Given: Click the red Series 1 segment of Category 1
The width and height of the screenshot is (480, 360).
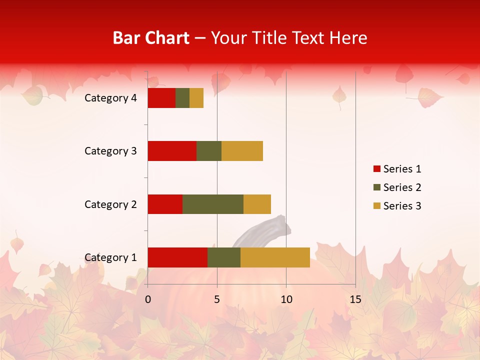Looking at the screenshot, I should pos(177,257).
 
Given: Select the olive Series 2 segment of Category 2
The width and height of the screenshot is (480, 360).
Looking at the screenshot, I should pos(213,204).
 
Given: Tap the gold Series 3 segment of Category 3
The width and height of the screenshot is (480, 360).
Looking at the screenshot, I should pos(242,151).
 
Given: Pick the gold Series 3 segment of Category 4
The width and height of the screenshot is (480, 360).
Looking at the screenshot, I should pos(196,98).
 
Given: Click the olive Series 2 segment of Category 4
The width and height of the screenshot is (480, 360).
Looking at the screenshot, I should pos(182,98).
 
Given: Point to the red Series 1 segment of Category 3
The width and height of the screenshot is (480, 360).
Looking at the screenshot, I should pos(172,151).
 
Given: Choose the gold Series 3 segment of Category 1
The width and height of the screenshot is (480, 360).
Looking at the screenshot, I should pos(275,257).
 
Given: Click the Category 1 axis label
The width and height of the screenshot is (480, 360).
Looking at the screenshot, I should pos(110,257).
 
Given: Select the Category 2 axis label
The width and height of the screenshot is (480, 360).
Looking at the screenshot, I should pos(110,204).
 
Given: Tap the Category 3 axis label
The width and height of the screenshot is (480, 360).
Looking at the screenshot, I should pos(110,151).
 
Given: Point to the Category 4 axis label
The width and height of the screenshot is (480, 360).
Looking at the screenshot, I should pos(110,98).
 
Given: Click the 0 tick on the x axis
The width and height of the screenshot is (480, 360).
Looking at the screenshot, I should pos(148,299).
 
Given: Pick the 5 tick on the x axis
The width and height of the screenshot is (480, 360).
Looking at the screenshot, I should pos(217,299).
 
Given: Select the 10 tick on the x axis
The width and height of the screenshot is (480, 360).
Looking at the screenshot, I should pos(286,299).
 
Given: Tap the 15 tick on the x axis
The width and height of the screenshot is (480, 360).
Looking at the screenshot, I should pos(355,299).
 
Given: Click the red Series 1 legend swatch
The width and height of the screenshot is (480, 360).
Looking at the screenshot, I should pos(376,169).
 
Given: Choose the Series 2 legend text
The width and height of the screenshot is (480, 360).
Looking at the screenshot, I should pos(402,187).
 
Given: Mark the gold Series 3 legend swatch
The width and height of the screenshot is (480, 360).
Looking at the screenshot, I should pos(376,206).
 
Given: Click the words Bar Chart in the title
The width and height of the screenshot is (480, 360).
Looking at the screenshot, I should pos(151,38).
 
